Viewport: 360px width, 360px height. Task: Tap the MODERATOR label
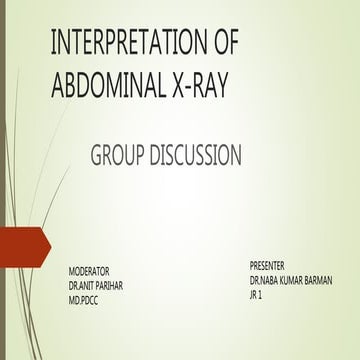[89, 271]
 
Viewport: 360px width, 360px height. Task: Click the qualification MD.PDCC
[84, 299]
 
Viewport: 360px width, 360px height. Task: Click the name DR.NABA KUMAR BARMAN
[291, 280]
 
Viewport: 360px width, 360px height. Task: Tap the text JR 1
[257, 295]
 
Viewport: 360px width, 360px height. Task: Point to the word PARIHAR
[113, 285]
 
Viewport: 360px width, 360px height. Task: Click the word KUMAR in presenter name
[286, 280]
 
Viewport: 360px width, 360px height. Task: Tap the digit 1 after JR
[263, 295]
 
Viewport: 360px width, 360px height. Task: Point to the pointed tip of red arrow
[49, 248]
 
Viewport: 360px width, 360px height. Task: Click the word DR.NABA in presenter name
[262, 280]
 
